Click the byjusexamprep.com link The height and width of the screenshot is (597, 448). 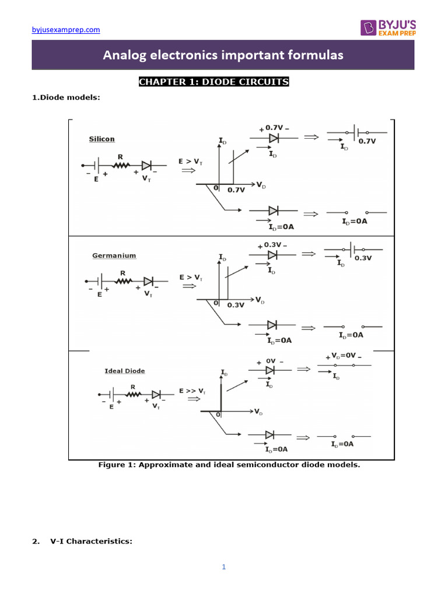[x=65, y=29]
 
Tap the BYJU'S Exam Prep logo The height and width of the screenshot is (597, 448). [x=387, y=27]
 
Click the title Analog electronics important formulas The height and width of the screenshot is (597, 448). [x=223, y=55]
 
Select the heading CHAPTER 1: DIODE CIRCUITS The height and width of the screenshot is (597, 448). [x=213, y=82]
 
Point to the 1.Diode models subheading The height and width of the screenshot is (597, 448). [x=66, y=98]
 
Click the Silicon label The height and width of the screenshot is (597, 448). [x=101, y=139]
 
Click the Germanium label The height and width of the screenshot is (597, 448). [x=114, y=255]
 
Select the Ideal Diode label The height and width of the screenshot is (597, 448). [x=125, y=371]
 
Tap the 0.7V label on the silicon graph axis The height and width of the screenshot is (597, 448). [x=236, y=189]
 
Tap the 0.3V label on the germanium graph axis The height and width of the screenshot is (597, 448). [x=236, y=305]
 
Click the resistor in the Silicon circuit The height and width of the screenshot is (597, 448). [x=121, y=166]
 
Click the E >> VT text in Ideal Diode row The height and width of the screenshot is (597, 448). [x=192, y=390]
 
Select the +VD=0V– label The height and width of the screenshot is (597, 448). [x=343, y=356]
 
